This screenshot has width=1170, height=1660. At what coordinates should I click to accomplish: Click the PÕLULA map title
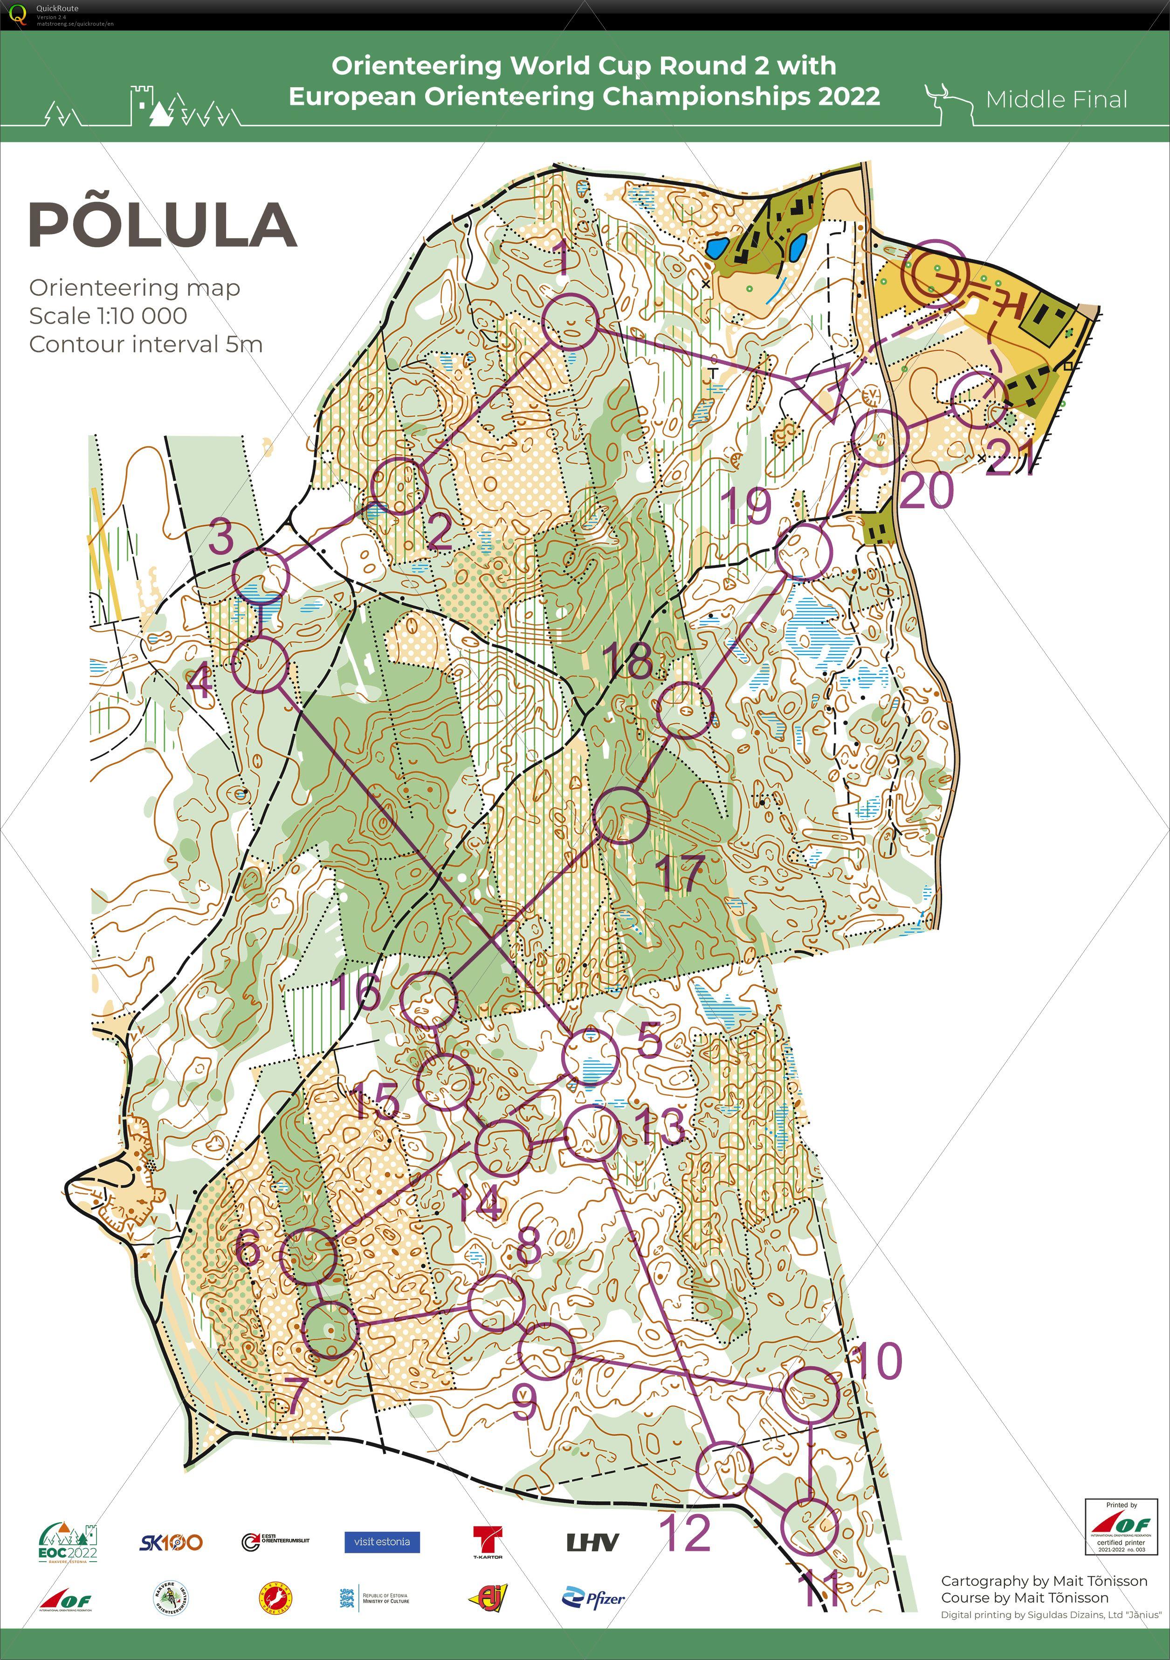(x=163, y=224)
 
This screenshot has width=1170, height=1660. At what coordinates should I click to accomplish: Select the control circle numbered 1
(x=570, y=323)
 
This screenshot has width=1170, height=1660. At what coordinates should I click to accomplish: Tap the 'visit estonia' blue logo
(x=382, y=1542)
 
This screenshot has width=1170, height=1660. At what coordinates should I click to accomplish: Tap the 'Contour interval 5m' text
(x=145, y=344)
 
